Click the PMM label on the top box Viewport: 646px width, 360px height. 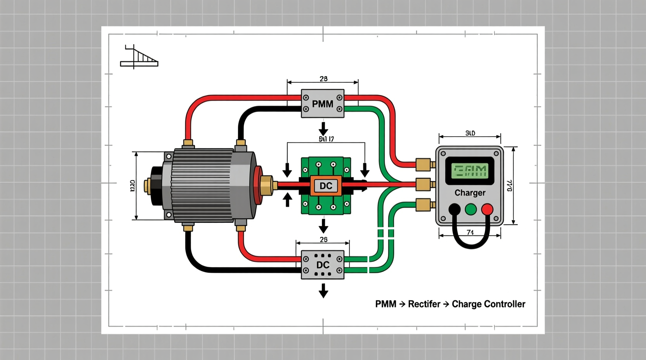(323, 104)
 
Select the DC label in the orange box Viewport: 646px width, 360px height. (326, 186)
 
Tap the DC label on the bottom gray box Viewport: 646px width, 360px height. (323, 265)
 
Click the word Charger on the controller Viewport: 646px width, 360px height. (470, 193)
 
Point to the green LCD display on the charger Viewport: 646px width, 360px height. (470, 171)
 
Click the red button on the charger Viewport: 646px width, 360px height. (487, 209)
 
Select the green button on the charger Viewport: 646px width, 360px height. (471, 209)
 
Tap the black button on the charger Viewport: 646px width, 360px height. (454, 209)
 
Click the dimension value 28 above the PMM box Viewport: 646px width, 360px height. (323, 79)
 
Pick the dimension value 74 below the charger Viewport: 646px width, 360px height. (470, 232)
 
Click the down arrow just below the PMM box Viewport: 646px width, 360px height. (323, 128)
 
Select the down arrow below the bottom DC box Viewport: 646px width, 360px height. (323, 290)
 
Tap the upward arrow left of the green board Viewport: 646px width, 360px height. (287, 200)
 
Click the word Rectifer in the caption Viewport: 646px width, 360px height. (424, 304)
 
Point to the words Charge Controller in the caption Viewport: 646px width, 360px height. (488, 304)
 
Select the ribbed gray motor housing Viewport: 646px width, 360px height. (202, 185)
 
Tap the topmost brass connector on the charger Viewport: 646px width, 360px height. (424, 164)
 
